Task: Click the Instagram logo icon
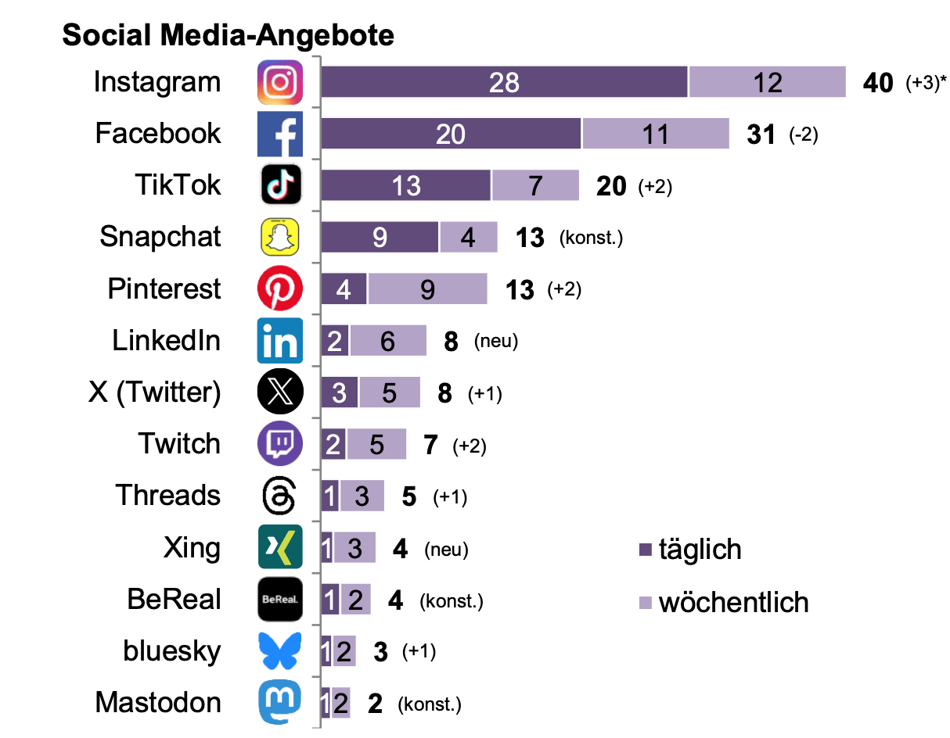(280, 83)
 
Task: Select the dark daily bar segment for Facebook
(451, 134)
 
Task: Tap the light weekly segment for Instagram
(767, 83)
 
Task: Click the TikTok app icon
(280, 186)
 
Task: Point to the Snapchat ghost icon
(280, 238)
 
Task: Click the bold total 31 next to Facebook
(761, 134)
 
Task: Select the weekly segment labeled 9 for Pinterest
(427, 290)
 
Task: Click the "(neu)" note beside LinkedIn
(496, 342)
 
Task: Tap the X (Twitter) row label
(155, 392)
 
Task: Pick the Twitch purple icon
(280, 445)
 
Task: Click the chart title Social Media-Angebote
(228, 35)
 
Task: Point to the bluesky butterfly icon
(280, 652)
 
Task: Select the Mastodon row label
(158, 702)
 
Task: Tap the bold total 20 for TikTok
(611, 186)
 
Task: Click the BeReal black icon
(280, 600)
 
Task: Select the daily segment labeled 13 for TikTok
(405, 186)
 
